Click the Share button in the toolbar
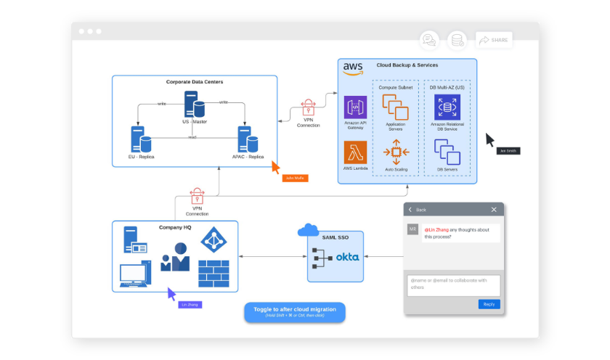[494, 40]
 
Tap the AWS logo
[353, 68]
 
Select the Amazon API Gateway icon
[355, 107]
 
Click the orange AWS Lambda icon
[355, 152]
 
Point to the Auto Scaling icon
[396, 152]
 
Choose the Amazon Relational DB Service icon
[447, 107]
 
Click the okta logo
[347, 257]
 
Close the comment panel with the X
[494, 210]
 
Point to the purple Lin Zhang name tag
[190, 304]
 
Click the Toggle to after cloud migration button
[295, 312]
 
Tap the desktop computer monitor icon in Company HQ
[135, 274]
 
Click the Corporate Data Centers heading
[195, 82]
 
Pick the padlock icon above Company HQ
[197, 196]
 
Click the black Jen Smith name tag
[508, 151]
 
